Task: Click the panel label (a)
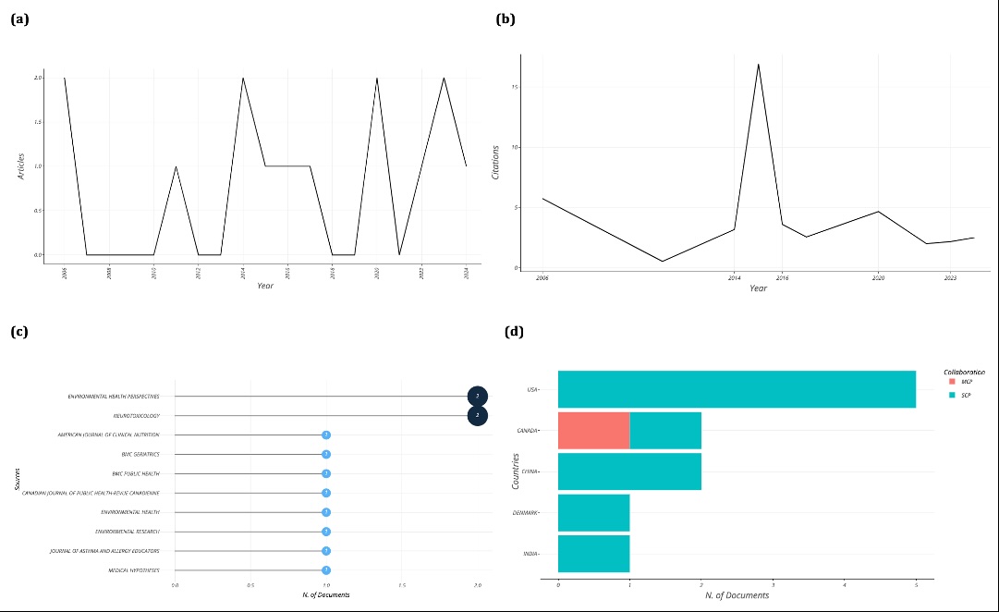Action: pyautogui.click(x=19, y=18)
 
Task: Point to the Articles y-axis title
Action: pyautogui.click(x=21, y=165)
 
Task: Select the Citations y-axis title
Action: pyautogui.click(x=495, y=161)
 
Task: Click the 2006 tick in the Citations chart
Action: pyautogui.click(x=542, y=277)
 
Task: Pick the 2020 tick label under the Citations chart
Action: pyautogui.click(x=878, y=277)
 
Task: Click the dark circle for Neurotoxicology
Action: pyautogui.click(x=477, y=416)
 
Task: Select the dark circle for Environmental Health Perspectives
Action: pyautogui.click(x=477, y=396)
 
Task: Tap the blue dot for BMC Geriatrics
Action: pyautogui.click(x=326, y=454)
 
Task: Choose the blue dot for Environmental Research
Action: pyautogui.click(x=326, y=532)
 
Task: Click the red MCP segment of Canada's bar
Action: pyautogui.click(x=593, y=431)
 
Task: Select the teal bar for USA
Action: pyautogui.click(x=737, y=389)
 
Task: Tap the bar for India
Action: pyautogui.click(x=593, y=553)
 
